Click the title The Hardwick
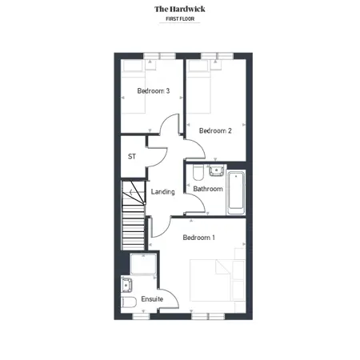pyautogui.click(x=180, y=9)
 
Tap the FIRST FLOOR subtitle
pyautogui.click(x=180, y=19)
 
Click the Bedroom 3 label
pyautogui.click(x=154, y=91)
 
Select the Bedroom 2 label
pyautogui.click(x=215, y=130)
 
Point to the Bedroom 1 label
pyautogui.click(x=198, y=238)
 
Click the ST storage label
pyautogui.click(x=132, y=157)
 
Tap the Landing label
pyautogui.click(x=162, y=192)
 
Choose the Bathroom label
pyautogui.click(x=208, y=189)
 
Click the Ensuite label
pyautogui.click(x=152, y=299)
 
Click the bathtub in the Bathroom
pyautogui.click(x=236, y=193)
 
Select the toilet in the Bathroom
pyautogui.click(x=198, y=172)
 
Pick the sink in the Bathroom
pyautogui.click(x=216, y=170)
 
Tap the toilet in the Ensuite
pyautogui.click(x=129, y=302)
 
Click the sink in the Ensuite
pyautogui.click(x=126, y=285)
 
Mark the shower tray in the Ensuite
pyautogui.click(x=143, y=264)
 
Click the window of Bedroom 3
pyautogui.click(x=159, y=56)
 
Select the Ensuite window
pyautogui.click(x=141, y=316)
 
